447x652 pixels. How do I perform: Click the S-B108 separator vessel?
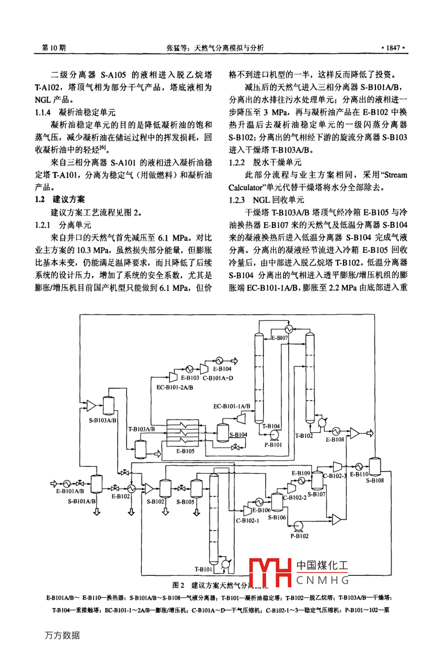[375, 466]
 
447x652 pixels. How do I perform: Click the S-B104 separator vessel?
[223, 431]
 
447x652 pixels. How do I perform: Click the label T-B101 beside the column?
[203, 569]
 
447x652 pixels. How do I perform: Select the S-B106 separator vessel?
[276, 501]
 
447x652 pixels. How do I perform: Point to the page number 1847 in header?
[393, 48]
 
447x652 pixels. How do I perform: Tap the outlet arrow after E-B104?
[233, 360]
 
